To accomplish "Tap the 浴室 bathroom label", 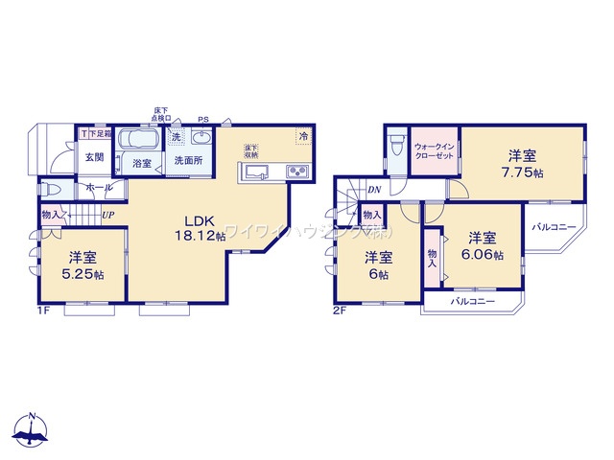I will [142, 163].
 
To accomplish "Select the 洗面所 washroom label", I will [187, 163].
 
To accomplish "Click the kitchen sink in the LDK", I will [256, 172].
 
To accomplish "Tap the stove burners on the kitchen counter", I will [296, 172].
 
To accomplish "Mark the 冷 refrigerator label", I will [303, 135].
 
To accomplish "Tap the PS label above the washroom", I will [202, 120].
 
